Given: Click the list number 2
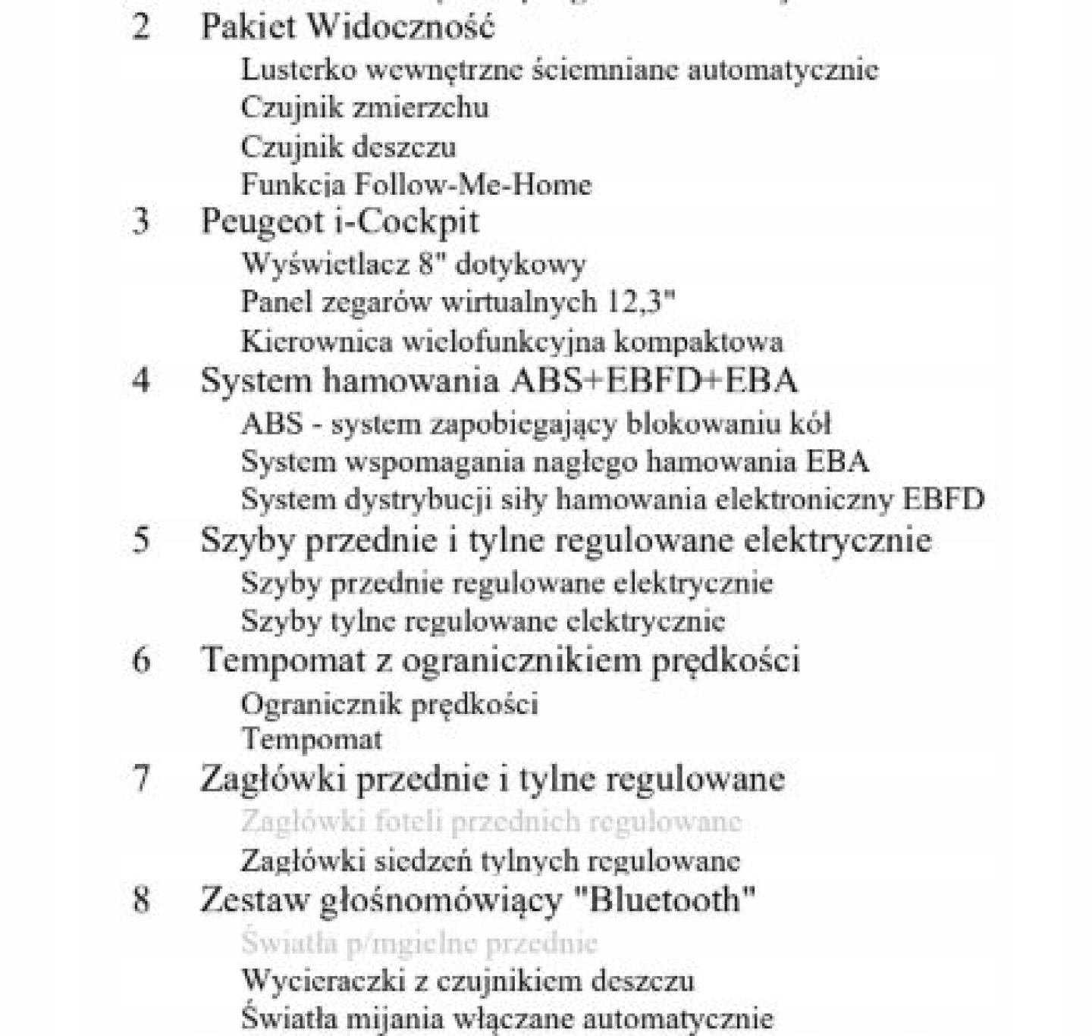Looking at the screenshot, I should click(x=141, y=27).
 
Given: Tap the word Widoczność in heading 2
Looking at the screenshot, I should click(x=403, y=27).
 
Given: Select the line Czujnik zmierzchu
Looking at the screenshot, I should click(x=365, y=108).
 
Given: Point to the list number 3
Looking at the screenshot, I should click(x=141, y=221).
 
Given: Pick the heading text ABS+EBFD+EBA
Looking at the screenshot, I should click(x=654, y=380).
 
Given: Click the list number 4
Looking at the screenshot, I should click(x=141, y=380).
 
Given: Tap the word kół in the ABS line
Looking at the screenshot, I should click(x=814, y=423).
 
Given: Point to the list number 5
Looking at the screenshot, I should click(x=141, y=540).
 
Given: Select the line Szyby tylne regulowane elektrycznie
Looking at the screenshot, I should click(x=483, y=621).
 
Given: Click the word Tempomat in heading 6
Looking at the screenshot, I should click(x=283, y=660).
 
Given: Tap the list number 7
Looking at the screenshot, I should click(x=141, y=779).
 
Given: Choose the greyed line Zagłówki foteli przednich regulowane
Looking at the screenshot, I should click(x=491, y=822).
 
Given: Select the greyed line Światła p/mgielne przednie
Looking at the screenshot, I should click(x=419, y=943).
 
